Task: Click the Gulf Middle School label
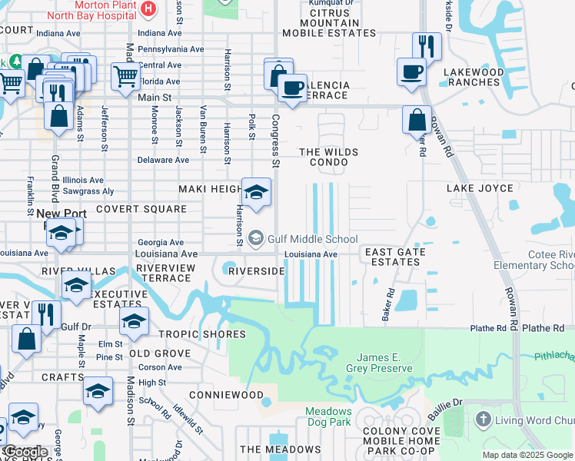click(312, 239)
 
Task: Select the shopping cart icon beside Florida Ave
click(125, 76)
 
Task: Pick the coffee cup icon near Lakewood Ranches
click(411, 72)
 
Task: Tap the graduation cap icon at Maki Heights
click(256, 191)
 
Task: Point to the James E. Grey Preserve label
click(384, 363)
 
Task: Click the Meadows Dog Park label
click(328, 416)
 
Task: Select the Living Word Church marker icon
click(483, 420)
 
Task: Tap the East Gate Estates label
click(392, 257)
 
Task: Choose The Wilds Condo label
click(328, 158)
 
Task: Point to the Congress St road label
click(274, 141)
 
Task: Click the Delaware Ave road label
click(162, 161)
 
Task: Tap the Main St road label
click(155, 98)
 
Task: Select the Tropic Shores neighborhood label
click(202, 334)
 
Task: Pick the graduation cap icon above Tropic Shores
click(134, 321)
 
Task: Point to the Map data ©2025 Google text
click(527, 455)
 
